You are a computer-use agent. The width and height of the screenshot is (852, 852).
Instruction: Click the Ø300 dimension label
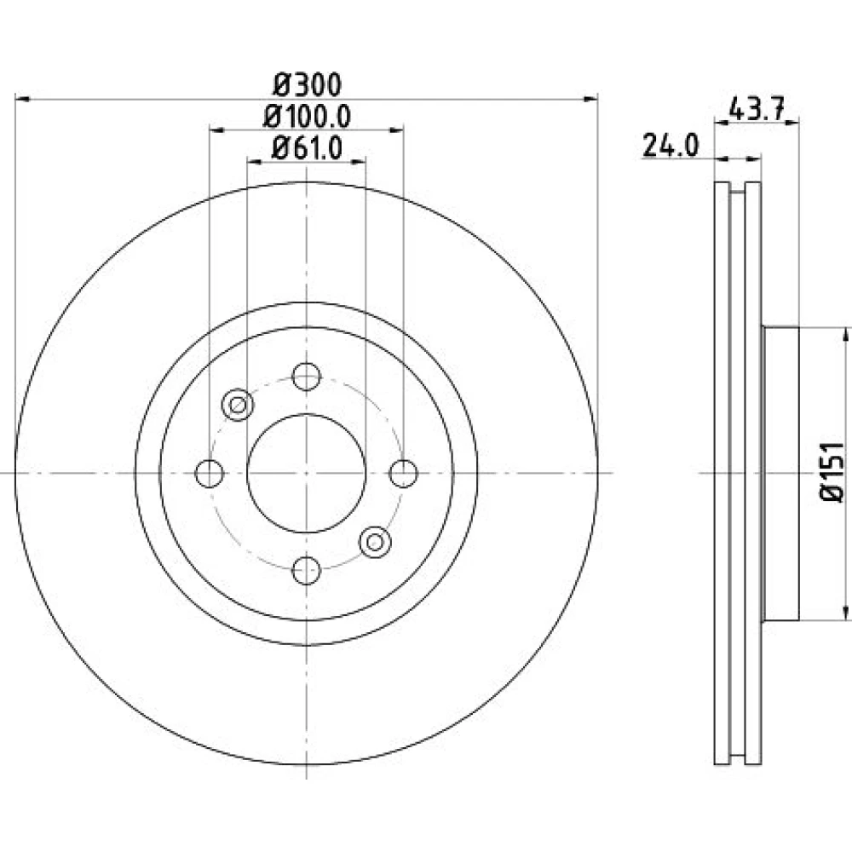pyautogui.click(x=307, y=84)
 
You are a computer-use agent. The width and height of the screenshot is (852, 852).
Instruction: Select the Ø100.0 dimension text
pyautogui.click(x=307, y=116)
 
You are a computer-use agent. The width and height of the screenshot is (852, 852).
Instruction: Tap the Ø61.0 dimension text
pyautogui.click(x=307, y=147)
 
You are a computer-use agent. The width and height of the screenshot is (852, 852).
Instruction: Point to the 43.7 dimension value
pyautogui.click(x=757, y=111)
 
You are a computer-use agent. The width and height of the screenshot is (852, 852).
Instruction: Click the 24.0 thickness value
pyautogui.click(x=671, y=146)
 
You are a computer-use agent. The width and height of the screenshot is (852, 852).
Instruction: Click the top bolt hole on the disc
pyautogui.click(x=307, y=376)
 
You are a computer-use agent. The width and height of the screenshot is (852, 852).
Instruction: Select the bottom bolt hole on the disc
pyautogui.click(x=307, y=570)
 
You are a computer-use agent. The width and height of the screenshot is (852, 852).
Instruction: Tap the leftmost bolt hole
pyautogui.click(x=210, y=473)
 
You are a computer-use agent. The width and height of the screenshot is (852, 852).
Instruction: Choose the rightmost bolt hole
pyautogui.click(x=404, y=473)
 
